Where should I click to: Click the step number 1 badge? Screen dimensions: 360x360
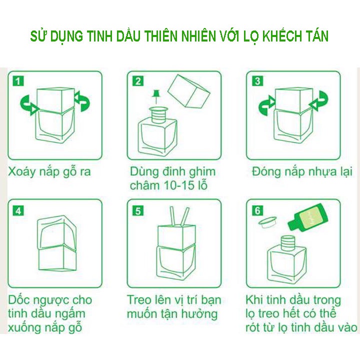point(18,81)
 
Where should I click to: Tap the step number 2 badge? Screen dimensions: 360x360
point(138,81)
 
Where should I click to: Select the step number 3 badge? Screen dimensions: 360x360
point(257,81)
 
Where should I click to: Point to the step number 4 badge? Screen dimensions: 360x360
point(18,210)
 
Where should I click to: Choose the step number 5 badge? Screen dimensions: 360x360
point(138,210)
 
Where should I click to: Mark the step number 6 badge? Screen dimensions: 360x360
point(257,210)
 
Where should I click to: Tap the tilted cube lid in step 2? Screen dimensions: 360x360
point(188,91)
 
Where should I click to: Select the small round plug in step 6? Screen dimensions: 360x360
point(267,222)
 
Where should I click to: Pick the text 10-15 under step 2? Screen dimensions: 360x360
point(178,185)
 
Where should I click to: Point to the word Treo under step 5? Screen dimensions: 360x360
point(139,300)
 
